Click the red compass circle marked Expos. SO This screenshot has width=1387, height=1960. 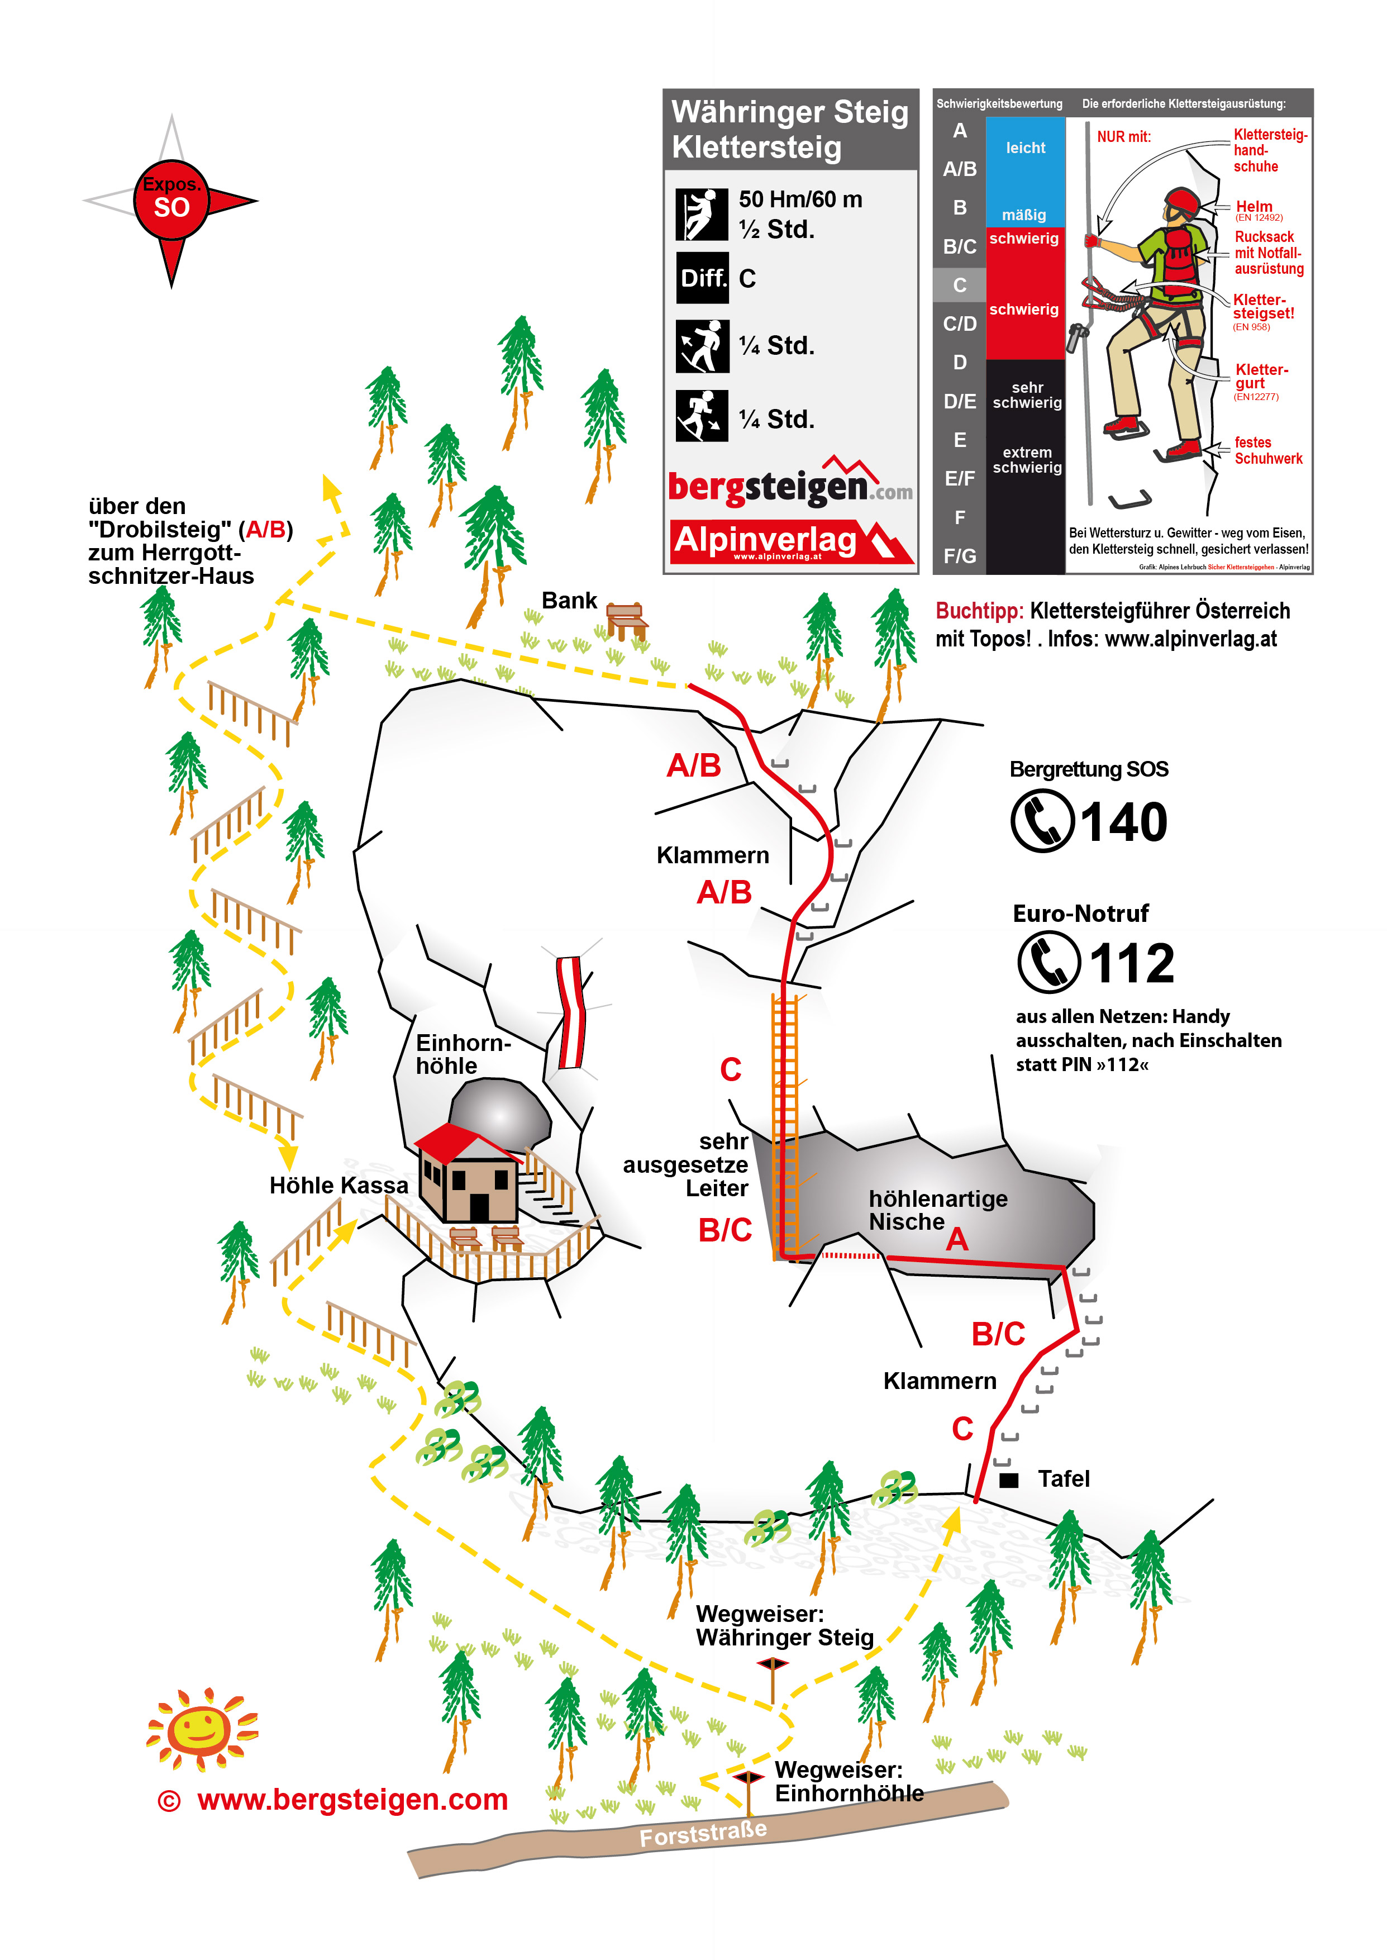tap(171, 200)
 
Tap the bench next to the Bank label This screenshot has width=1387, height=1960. tap(627, 621)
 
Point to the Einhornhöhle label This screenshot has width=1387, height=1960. tap(463, 1054)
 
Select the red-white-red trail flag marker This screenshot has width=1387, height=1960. tap(570, 1012)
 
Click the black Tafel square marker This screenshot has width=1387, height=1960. tap(1009, 1480)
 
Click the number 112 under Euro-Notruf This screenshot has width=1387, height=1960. tap(1132, 963)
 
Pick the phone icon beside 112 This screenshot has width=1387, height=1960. tap(1049, 962)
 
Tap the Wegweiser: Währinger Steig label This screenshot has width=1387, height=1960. tap(785, 1625)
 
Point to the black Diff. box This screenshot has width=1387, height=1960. tap(703, 278)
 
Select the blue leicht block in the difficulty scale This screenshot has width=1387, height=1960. tap(1025, 171)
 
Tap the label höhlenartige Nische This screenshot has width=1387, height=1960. tap(938, 1210)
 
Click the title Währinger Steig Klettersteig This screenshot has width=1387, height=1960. tap(790, 129)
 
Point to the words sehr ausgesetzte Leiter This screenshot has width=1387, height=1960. tap(686, 1165)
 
